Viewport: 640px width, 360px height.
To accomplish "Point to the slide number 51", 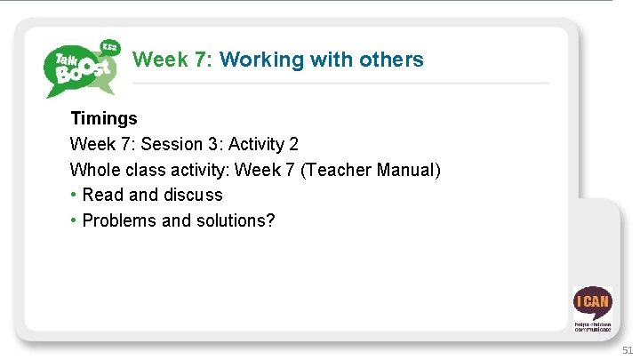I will coord(628,350).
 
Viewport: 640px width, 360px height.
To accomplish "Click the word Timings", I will coord(104,118).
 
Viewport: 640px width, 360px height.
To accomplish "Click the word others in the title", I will coord(390,60).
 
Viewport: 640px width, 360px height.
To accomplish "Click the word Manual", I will coord(405,170).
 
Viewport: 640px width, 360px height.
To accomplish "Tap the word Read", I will coord(103,195).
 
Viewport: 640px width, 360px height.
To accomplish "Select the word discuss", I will coord(193,195).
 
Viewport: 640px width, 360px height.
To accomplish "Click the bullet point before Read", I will coord(74,195).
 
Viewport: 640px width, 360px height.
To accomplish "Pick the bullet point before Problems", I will coord(74,220).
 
